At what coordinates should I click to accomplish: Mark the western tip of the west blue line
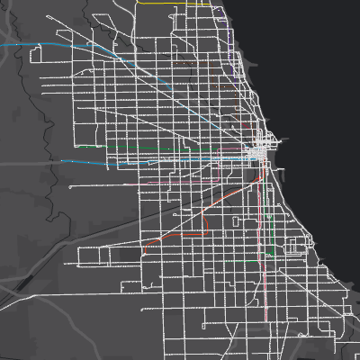pyautogui.click(x=62, y=161)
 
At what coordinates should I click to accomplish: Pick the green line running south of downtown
pyautogui.click(x=270, y=225)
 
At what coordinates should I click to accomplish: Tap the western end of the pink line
pyautogui.click(x=134, y=184)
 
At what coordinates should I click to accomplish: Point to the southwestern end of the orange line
pyautogui.click(x=147, y=245)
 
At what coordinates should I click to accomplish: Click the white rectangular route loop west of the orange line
pyautogui.click(x=99, y=256)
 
